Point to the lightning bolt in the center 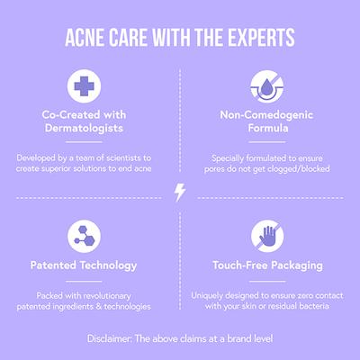[180, 193]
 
